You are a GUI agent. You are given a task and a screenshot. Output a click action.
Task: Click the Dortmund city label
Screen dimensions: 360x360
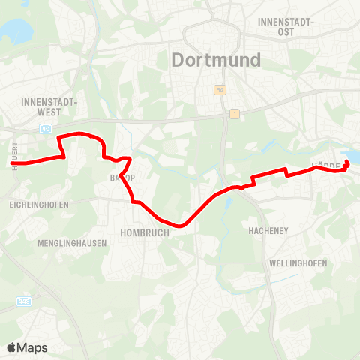coord(216,59)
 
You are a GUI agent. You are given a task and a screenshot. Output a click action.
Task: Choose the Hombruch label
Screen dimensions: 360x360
coord(144,232)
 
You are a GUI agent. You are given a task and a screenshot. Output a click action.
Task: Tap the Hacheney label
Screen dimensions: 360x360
coord(269,232)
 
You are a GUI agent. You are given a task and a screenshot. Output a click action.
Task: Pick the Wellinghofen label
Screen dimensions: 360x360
coord(299,264)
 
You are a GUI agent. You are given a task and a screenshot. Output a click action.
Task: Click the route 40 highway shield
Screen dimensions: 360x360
coord(47,129)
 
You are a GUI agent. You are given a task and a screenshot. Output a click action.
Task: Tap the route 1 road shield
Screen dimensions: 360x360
coord(235,113)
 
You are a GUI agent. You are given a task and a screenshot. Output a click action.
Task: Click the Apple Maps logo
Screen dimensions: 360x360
coord(27,347)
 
